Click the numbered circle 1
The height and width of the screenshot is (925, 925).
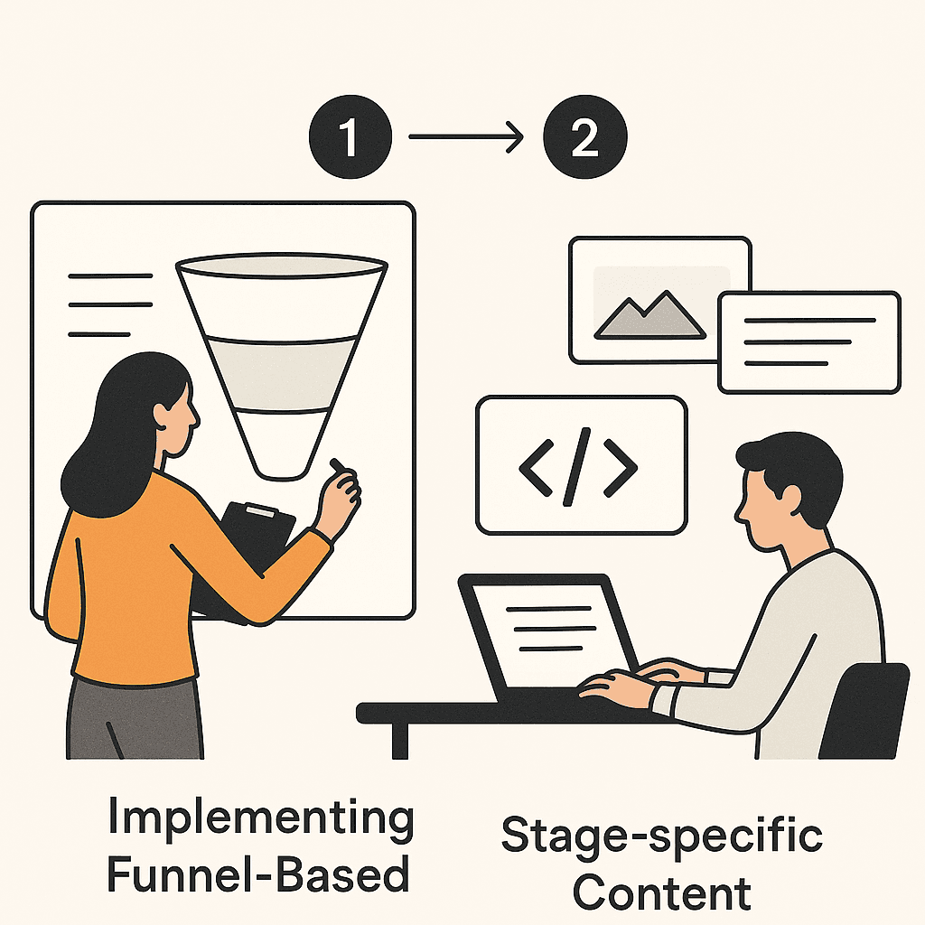(350, 140)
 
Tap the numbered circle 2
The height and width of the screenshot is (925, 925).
(584, 140)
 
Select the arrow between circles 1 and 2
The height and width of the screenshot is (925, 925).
(466, 138)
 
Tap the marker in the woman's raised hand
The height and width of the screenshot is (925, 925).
(339, 466)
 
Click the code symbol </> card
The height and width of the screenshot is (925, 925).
(581, 465)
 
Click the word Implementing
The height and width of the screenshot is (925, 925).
(260, 818)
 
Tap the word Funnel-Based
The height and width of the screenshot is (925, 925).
(258, 875)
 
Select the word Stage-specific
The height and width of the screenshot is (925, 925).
(661, 836)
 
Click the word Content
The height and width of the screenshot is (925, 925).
(661, 892)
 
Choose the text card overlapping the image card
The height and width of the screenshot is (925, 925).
(809, 341)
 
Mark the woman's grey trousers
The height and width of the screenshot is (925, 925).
(135, 718)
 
